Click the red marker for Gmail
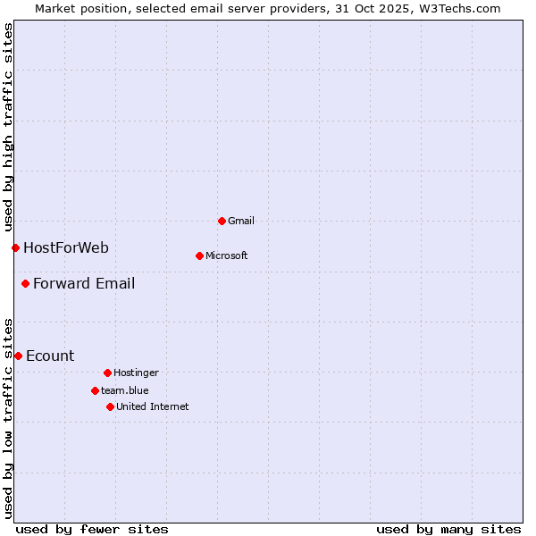click(222, 221)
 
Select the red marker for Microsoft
click(199, 255)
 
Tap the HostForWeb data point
click(15, 247)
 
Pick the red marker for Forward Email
click(25, 284)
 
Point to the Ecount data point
click(18, 356)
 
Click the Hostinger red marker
click(107, 373)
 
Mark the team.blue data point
click(95, 390)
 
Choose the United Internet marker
click(110, 406)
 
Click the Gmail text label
click(241, 221)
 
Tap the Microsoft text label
click(227, 255)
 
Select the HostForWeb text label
click(66, 248)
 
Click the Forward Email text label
click(84, 284)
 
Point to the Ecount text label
click(50, 356)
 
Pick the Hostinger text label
click(136, 373)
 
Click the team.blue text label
click(125, 390)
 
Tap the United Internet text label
click(153, 406)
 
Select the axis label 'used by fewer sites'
click(92, 529)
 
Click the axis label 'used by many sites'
click(448, 529)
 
